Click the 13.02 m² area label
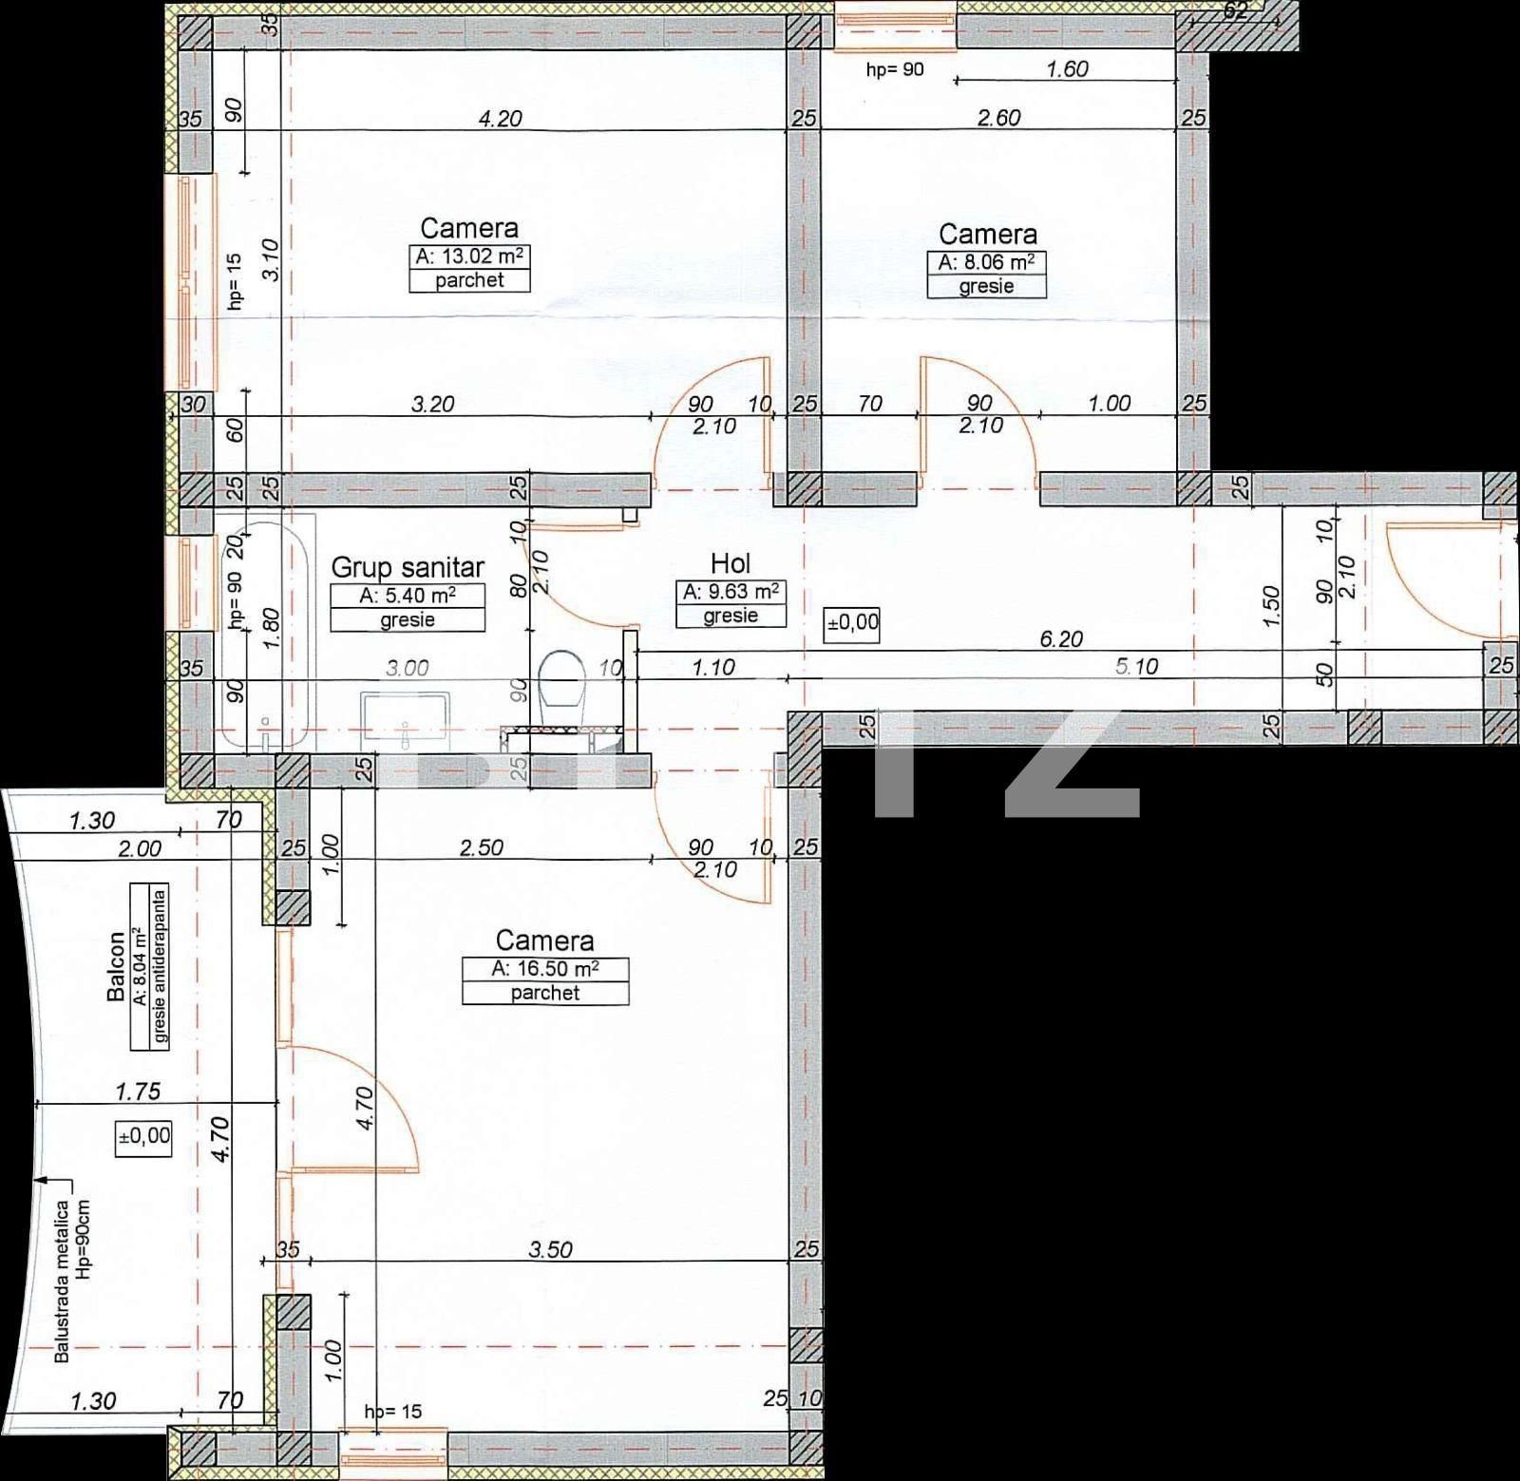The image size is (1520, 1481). pos(470,257)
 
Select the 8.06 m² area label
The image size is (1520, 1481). pos(987,263)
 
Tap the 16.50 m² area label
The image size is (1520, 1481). pos(545,969)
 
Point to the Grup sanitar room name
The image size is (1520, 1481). pos(408,568)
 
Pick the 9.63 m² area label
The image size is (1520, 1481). pos(731,591)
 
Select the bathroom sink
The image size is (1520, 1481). pos(408,714)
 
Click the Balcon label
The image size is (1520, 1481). pos(117,966)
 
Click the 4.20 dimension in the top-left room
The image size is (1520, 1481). pos(500,120)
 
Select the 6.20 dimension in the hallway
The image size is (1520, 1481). pos(1061,639)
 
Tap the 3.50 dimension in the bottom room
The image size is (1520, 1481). pos(551,1249)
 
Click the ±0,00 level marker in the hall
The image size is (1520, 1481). pos(853,624)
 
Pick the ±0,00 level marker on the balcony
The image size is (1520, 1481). pos(144,1135)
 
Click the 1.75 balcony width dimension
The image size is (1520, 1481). pos(138,1092)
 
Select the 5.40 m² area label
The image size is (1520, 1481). pos(408,596)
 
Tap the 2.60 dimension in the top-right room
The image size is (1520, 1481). pos(999,118)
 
